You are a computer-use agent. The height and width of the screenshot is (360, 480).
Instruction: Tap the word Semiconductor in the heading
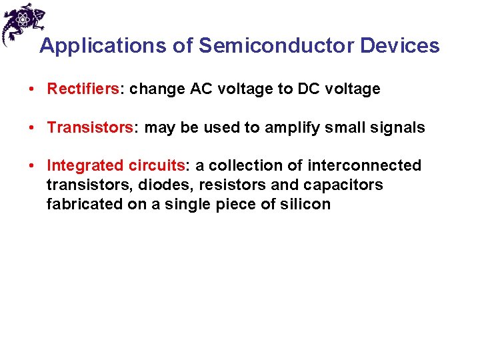pyautogui.click(x=276, y=46)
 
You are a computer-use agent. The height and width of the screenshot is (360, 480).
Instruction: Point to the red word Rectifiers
pyautogui.click(x=83, y=89)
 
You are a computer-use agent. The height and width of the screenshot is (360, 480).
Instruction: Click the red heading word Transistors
pyautogui.click(x=90, y=128)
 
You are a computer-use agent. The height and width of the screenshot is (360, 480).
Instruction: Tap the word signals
pyautogui.click(x=399, y=128)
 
